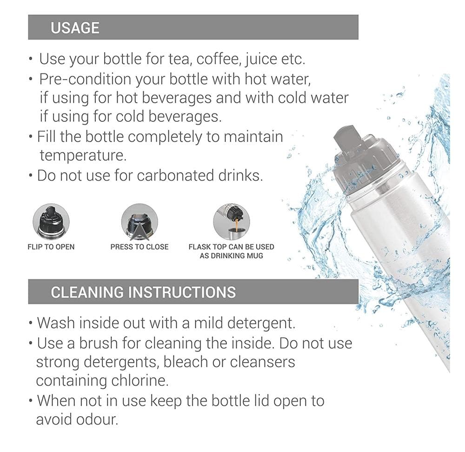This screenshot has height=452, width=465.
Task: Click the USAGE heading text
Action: point(75,27)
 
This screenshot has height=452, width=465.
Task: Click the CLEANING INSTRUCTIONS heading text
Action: point(143,292)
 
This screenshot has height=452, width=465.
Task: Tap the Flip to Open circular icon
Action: point(51,222)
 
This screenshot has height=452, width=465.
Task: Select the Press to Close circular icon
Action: point(139,222)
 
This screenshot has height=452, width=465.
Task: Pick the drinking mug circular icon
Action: point(231,222)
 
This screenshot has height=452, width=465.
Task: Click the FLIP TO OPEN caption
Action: point(51,247)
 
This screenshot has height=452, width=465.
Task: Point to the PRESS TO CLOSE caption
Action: point(139,247)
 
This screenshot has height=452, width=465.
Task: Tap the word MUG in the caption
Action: point(254,256)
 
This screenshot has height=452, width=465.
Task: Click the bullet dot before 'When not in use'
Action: point(31,400)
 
